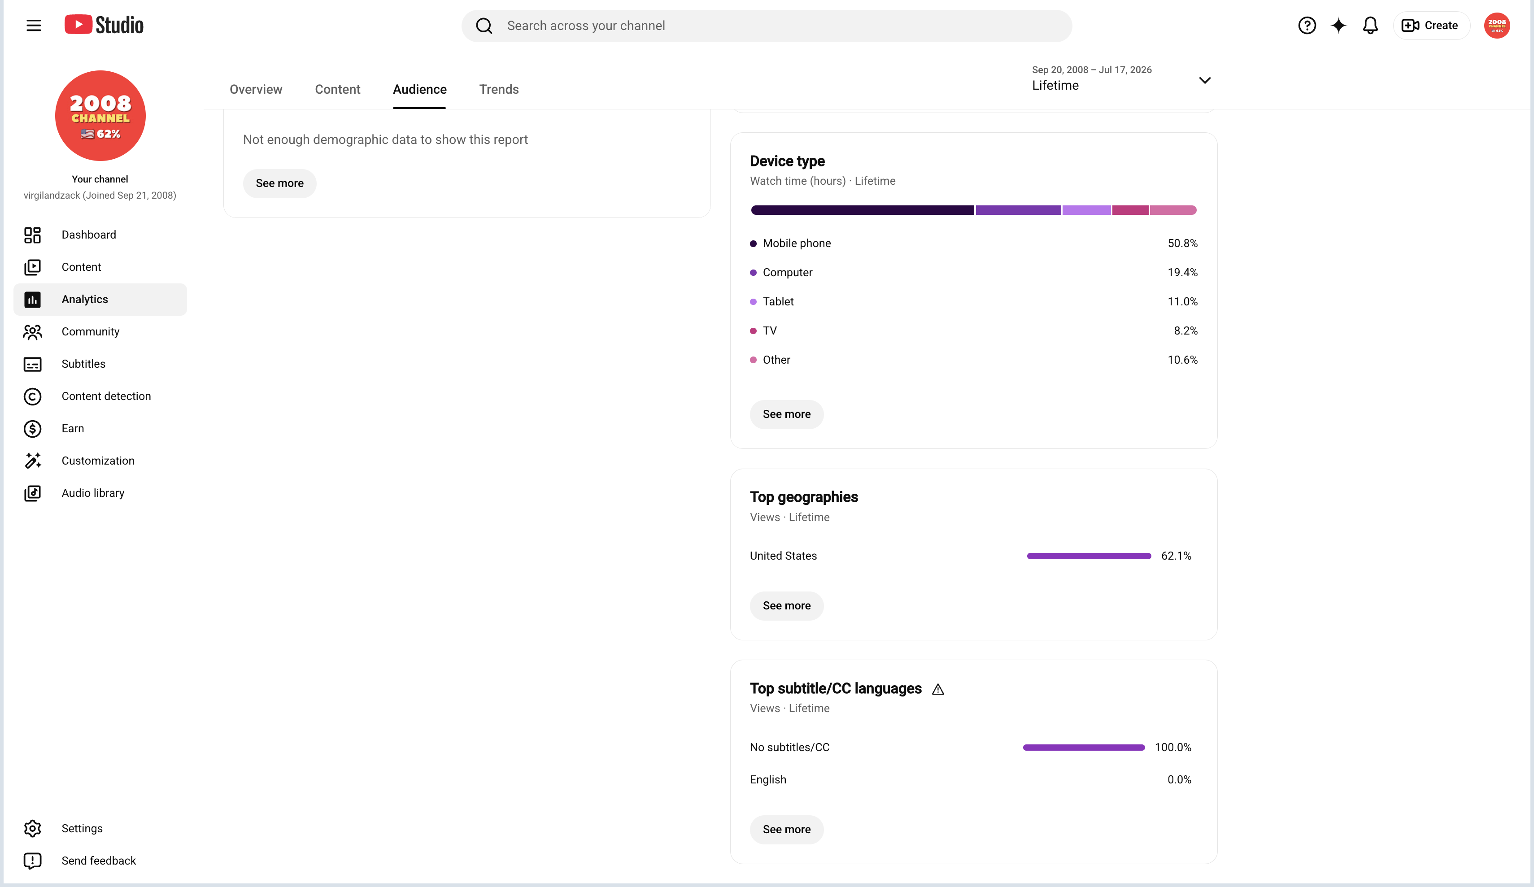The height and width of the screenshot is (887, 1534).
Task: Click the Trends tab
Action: pyautogui.click(x=499, y=90)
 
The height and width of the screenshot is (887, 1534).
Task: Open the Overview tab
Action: pyautogui.click(x=256, y=90)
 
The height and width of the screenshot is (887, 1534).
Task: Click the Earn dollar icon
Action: pyautogui.click(x=32, y=429)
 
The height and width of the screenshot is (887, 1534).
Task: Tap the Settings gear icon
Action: pyautogui.click(x=32, y=829)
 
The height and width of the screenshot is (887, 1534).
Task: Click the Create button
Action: pyautogui.click(x=1430, y=26)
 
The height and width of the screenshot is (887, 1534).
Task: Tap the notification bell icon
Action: pyautogui.click(x=1370, y=26)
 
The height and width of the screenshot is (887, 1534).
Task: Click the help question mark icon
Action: pyautogui.click(x=1307, y=26)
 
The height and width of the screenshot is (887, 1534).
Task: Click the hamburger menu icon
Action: pyautogui.click(x=34, y=26)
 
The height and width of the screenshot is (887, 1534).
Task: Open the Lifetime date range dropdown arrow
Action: pyautogui.click(x=1205, y=80)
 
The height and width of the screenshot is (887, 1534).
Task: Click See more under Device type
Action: pyautogui.click(x=786, y=415)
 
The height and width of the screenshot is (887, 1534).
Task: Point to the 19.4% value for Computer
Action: pyautogui.click(x=1182, y=273)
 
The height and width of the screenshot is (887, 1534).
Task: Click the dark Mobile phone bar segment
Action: pyautogui.click(x=862, y=210)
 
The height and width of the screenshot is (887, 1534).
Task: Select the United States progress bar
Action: pyautogui.click(x=1089, y=556)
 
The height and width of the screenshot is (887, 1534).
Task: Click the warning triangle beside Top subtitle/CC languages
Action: pyautogui.click(x=938, y=689)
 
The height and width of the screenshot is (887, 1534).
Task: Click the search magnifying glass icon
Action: pyautogui.click(x=484, y=26)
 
